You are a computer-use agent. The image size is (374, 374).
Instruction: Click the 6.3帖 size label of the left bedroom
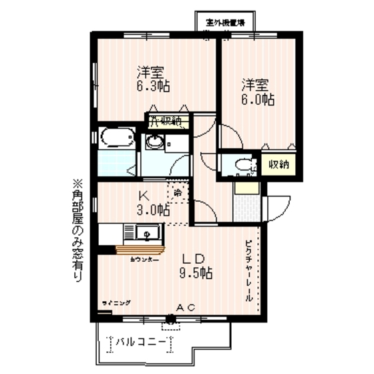pyautogui.click(x=153, y=85)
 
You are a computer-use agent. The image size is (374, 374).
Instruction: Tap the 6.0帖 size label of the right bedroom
pyautogui.click(x=257, y=99)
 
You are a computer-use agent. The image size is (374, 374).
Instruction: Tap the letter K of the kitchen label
pyautogui.click(x=142, y=196)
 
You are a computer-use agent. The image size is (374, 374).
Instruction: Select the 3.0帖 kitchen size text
pyautogui.click(x=153, y=210)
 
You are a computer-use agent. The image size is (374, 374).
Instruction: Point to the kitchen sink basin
pyautogui.click(x=146, y=233)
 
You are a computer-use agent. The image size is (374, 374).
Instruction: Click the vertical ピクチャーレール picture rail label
pyautogui.click(x=248, y=270)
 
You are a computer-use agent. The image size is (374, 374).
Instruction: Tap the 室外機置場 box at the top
pyautogui.click(x=224, y=21)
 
